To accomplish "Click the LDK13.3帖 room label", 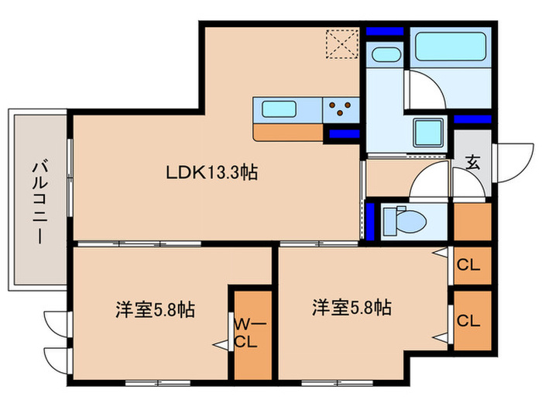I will (211, 173).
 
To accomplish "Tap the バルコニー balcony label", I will (38, 201).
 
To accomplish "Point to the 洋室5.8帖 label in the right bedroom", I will (352, 307).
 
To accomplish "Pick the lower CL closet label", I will (468, 319).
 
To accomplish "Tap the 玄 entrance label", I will (472, 162).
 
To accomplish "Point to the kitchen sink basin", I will (276, 109).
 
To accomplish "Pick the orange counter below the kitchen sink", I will (287, 132).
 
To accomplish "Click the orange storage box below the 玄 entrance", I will (472, 221).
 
